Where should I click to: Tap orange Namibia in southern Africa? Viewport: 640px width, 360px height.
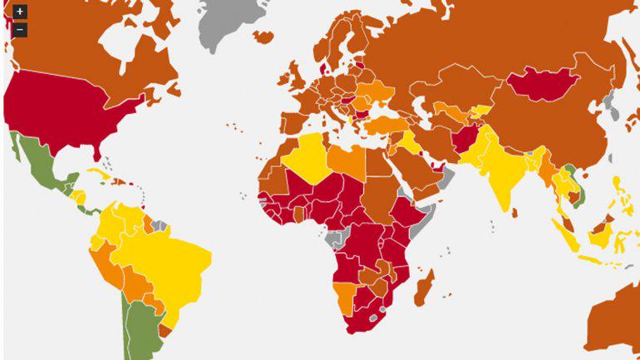click(343, 295)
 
